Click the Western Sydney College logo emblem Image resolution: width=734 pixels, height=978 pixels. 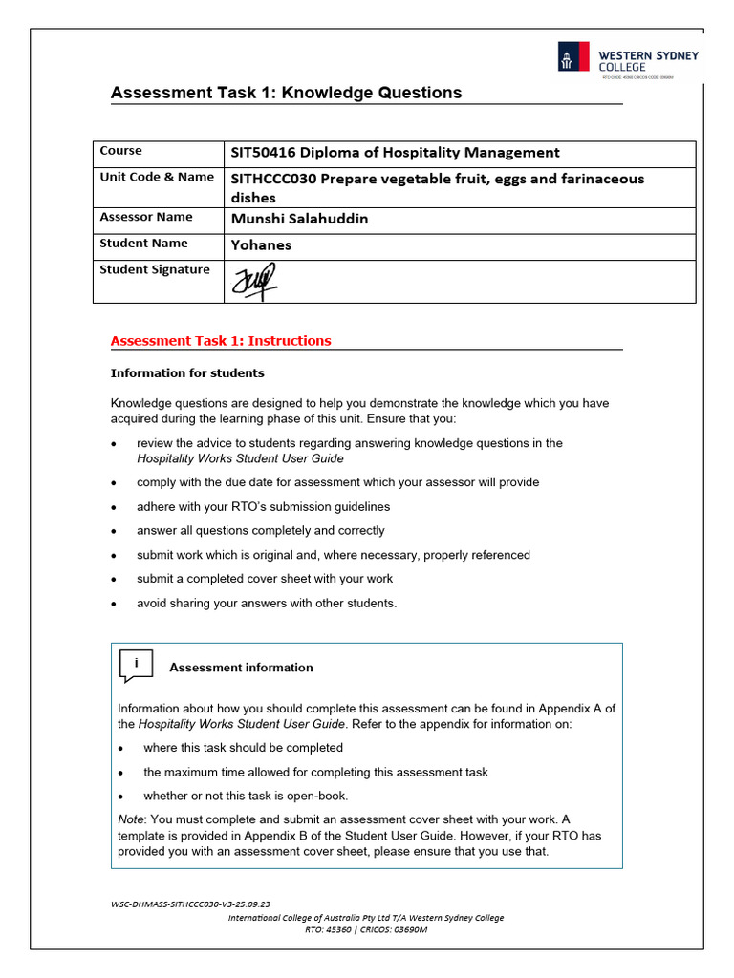[x=573, y=57]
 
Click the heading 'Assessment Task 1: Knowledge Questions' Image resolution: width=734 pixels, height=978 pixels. [x=286, y=93]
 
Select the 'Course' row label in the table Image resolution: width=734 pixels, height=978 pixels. [x=120, y=151]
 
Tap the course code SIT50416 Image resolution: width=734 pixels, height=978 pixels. [x=263, y=153]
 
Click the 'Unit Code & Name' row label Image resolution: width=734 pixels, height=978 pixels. [x=157, y=177]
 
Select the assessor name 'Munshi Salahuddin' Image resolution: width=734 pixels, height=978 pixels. [x=299, y=219]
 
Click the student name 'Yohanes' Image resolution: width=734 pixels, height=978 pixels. [x=261, y=244]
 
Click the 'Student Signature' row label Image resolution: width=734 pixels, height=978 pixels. [x=154, y=269]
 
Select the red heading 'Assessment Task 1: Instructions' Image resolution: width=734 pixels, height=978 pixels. [x=221, y=341]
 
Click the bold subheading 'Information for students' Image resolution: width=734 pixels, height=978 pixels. [x=187, y=373]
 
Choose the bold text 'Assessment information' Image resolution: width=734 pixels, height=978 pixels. [x=241, y=668]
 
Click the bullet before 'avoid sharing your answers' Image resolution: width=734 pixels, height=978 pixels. [x=115, y=604]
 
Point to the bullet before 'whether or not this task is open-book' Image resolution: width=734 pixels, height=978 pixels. [x=121, y=797]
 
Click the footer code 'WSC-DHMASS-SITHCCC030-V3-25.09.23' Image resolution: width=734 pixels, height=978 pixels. [x=190, y=904]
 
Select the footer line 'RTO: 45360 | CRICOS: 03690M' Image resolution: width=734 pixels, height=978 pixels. [x=366, y=929]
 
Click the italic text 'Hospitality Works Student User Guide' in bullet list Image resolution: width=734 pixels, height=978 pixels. [x=240, y=458]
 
